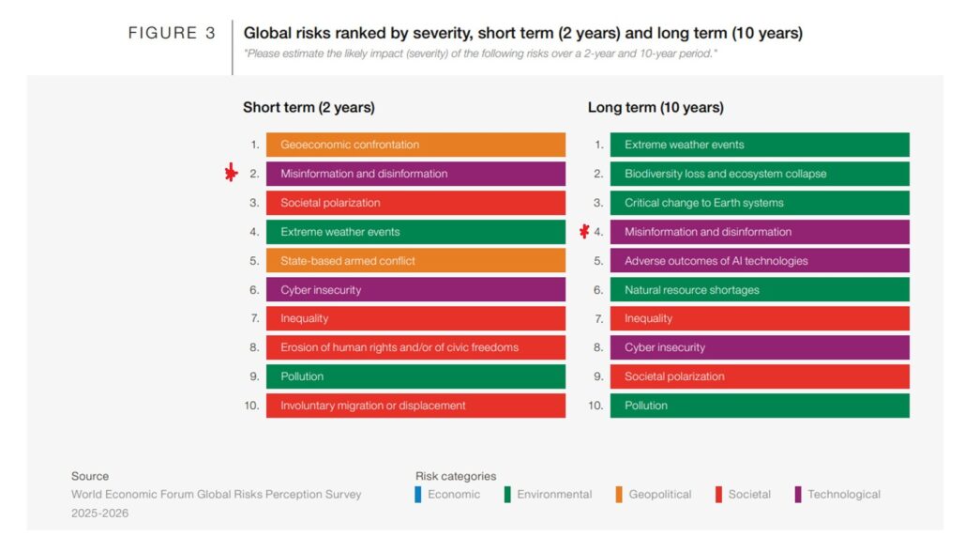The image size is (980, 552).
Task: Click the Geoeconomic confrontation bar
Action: pos(415,145)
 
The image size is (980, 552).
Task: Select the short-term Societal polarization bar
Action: pos(415,203)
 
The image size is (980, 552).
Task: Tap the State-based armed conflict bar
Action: pos(415,261)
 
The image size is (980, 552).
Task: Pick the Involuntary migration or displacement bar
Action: pos(415,406)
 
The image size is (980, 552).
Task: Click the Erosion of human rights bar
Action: pos(415,347)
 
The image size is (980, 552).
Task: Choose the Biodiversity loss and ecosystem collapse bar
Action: pos(759,174)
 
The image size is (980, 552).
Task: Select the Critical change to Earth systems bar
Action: pos(759,203)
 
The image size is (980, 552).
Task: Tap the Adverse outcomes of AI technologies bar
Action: pos(759,261)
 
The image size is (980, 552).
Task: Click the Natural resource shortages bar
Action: pos(759,290)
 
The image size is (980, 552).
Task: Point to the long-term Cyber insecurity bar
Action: pos(759,347)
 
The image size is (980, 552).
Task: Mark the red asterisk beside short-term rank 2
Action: pos(232,174)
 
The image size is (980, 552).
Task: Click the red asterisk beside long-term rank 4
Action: pos(584,231)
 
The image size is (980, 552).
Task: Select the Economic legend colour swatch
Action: pos(418,495)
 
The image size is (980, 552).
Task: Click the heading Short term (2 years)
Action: pos(309,108)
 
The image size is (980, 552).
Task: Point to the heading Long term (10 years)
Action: pos(656,108)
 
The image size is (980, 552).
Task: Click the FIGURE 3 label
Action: pos(172,34)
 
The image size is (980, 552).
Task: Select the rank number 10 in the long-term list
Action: pos(596,406)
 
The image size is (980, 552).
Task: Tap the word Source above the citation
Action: pos(90,476)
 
